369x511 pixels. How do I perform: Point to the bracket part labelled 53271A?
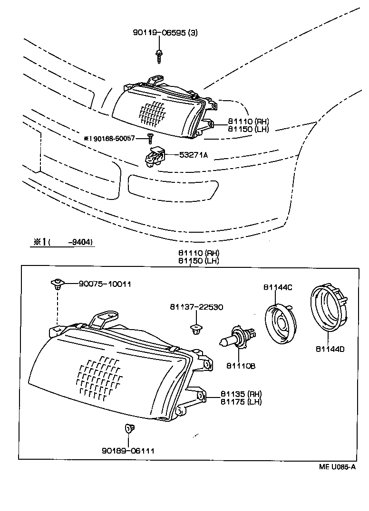point(154,157)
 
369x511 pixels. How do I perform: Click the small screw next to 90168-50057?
point(150,138)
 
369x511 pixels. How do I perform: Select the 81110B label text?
point(241,366)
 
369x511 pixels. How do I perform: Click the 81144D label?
point(330,349)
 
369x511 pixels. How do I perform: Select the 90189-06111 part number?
point(128,450)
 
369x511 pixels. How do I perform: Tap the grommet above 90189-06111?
point(128,429)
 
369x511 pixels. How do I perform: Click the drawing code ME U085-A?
point(337,466)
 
